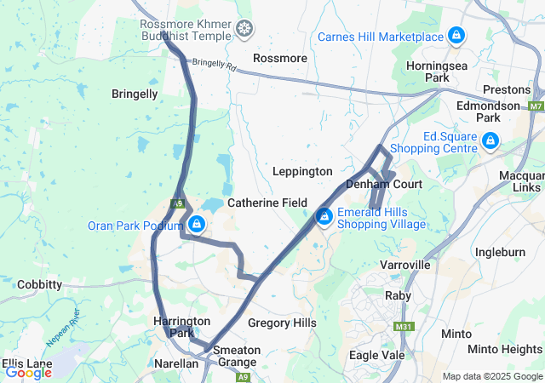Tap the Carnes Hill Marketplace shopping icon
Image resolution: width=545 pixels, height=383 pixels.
(456, 36)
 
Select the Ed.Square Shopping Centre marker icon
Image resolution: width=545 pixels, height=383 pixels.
(490, 140)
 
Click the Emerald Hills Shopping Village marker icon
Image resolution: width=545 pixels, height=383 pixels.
(324, 217)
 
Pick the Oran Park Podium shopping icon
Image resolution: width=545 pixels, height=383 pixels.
(197, 225)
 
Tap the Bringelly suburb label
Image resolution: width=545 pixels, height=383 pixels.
(135, 94)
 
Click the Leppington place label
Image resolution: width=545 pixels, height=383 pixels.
(301, 171)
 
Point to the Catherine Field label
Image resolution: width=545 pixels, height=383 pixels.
(267, 203)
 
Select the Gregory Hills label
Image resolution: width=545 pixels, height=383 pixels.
(282, 323)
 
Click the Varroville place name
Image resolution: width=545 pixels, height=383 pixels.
(404, 265)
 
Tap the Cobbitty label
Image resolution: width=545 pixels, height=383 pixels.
(39, 283)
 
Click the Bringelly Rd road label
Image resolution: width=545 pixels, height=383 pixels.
(213, 64)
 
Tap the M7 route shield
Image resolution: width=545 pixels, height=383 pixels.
(536, 106)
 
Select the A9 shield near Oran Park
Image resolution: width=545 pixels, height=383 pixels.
(177, 203)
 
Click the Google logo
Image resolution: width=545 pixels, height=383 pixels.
(28, 372)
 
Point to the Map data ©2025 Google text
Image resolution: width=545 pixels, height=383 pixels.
(491, 376)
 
